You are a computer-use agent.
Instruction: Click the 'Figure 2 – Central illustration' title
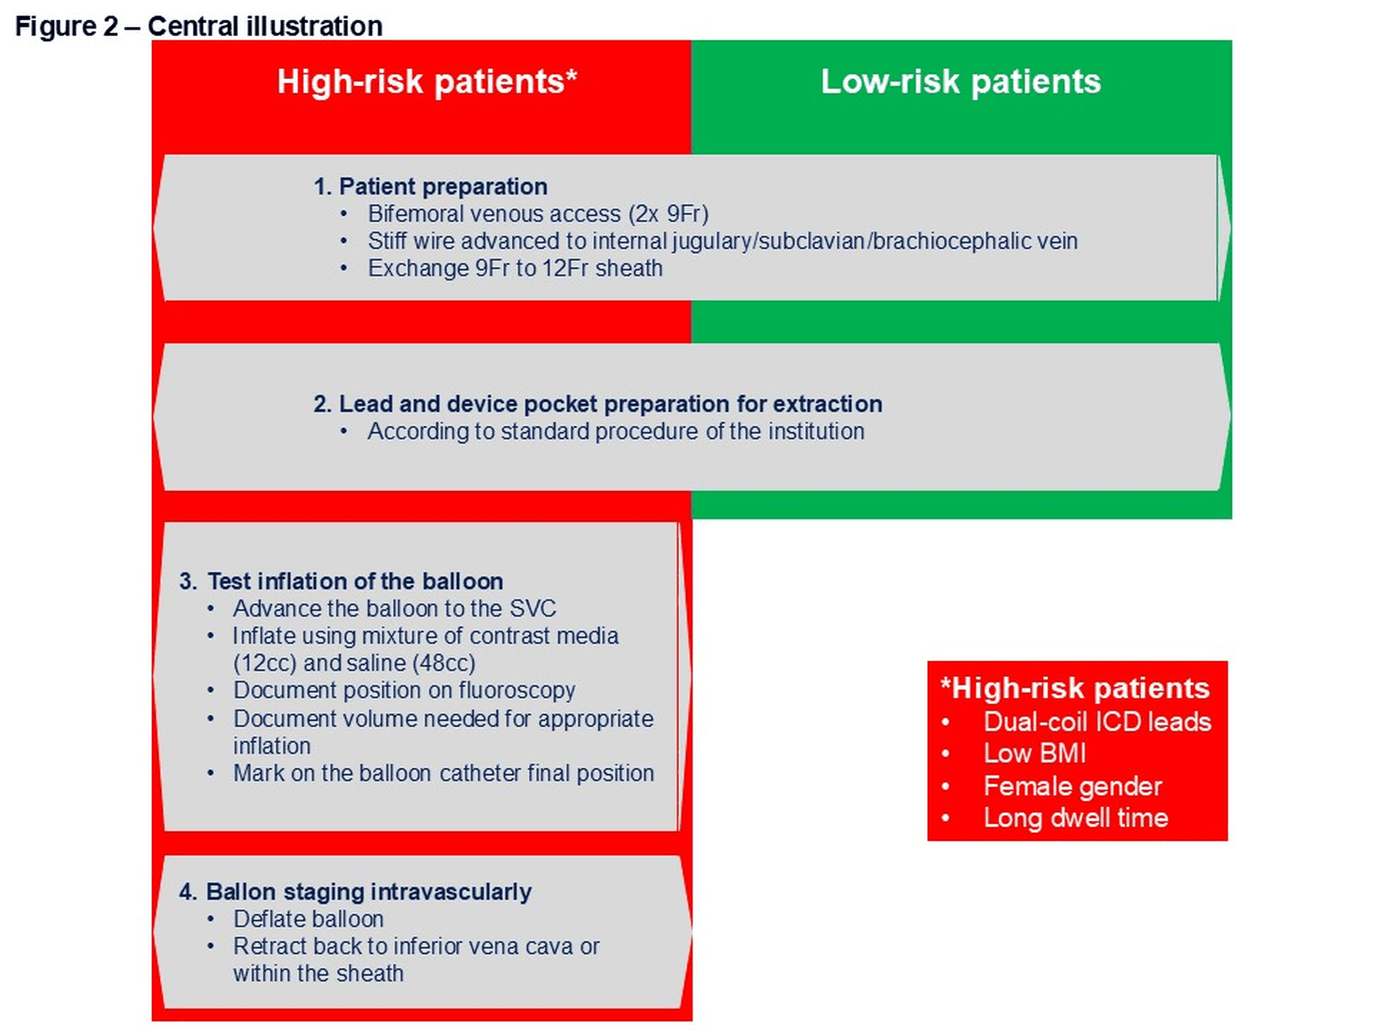pos(199,27)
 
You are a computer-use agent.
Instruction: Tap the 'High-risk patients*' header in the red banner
pos(427,81)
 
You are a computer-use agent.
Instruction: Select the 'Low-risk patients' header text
pos(961,81)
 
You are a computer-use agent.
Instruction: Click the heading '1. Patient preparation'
pos(431,187)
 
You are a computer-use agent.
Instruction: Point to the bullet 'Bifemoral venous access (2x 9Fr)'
pos(539,214)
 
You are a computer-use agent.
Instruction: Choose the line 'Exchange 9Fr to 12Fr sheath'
pos(515,268)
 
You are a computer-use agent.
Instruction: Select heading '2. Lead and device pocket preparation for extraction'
pos(598,404)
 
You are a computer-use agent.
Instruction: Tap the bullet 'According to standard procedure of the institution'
pos(616,431)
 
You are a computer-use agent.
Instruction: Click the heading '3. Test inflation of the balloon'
pos(341,581)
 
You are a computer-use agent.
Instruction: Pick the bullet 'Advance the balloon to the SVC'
pos(395,609)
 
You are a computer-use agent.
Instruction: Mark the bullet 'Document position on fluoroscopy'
pos(404,690)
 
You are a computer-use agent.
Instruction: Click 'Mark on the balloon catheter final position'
pos(444,773)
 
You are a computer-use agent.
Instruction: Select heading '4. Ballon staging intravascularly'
pos(354,892)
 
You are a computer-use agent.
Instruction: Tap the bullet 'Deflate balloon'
pos(309,919)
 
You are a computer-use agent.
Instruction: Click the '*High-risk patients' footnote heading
pos(1074,688)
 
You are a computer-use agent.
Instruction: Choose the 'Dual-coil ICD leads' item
pos(1097,721)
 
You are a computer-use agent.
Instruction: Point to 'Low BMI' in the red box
pos(1035,754)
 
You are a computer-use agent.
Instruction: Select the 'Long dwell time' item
pos(1076,818)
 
